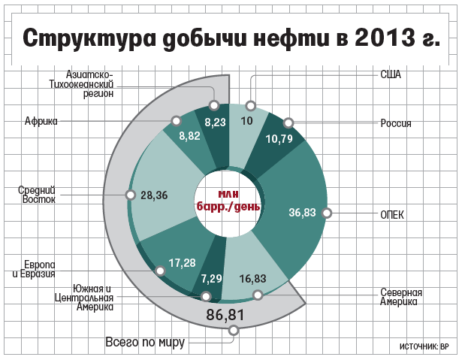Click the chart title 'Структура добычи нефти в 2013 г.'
(231, 38)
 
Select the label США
(391, 74)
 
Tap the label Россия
(395, 123)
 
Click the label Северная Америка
(400, 297)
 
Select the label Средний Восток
(37, 195)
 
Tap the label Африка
(41, 120)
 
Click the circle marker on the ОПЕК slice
(326, 213)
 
